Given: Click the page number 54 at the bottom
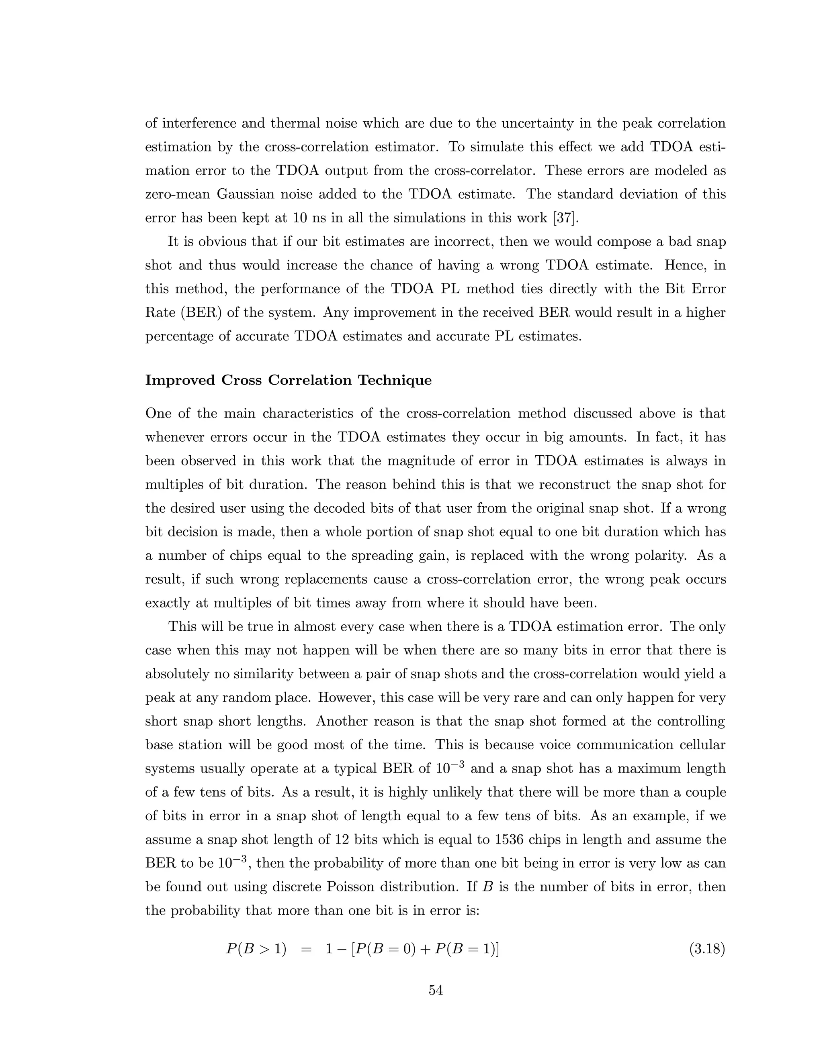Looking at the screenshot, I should tap(435, 990).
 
